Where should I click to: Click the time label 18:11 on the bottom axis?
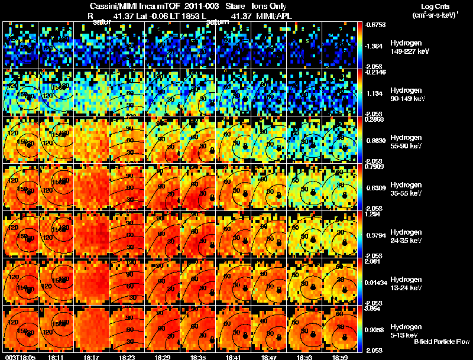pos(57,357)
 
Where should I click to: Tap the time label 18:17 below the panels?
pos(93,357)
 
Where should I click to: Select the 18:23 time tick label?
pos(128,357)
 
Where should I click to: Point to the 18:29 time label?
pos(164,357)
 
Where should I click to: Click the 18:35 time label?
pos(199,357)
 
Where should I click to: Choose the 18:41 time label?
pos(234,357)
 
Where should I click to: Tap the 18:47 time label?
pos(270,357)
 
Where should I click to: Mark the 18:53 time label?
pos(305,357)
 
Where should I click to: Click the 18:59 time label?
pos(341,357)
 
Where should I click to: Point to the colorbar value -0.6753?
pos(377,25)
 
